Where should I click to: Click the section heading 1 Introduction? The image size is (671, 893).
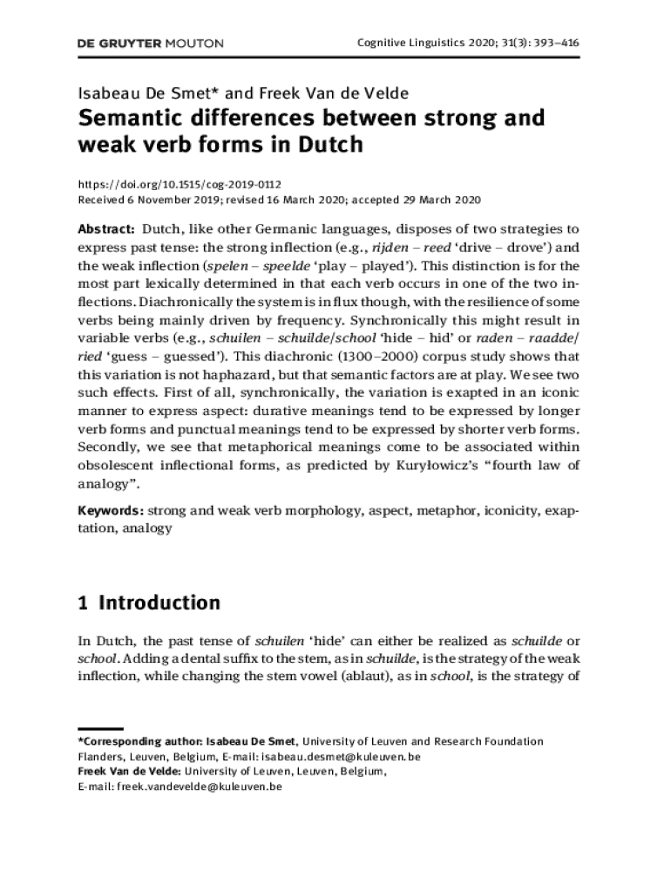click(x=149, y=603)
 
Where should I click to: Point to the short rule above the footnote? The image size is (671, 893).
click(x=100, y=728)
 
